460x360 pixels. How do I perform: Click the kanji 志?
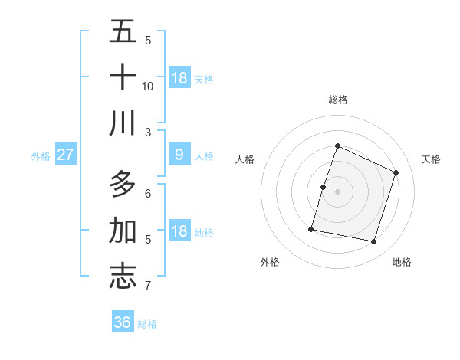pyautogui.click(x=123, y=277)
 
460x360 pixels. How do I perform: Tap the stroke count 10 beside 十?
pyautogui.click(x=148, y=86)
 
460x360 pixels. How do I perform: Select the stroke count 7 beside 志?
pyautogui.click(x=147, y=286)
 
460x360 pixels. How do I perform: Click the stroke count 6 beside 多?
pyautogui.click(x=147, y=193)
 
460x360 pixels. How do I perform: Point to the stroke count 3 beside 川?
pyautogui.click(x=147, y=132)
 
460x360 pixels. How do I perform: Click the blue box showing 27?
pyautogui.click(x=65, y=155)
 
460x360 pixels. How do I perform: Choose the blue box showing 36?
pyautogui.click(x=123, y=322)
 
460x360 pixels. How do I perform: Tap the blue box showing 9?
pyautogui.click(x=179, y=155)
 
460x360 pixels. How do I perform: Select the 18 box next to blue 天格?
pyautogui.click(x=179, y=78)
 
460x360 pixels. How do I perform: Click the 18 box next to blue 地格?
pyautogui.click(x=179, y=231)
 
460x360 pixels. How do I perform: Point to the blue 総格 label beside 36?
pyautogui.click(x=147, y=324)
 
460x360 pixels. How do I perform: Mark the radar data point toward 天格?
pyautogui.click(x=396, y=172)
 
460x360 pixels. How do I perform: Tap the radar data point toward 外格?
pyautogui.click(x=311, y=228)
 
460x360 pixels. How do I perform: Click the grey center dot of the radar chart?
pyautogui.click(x=337, y=191)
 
